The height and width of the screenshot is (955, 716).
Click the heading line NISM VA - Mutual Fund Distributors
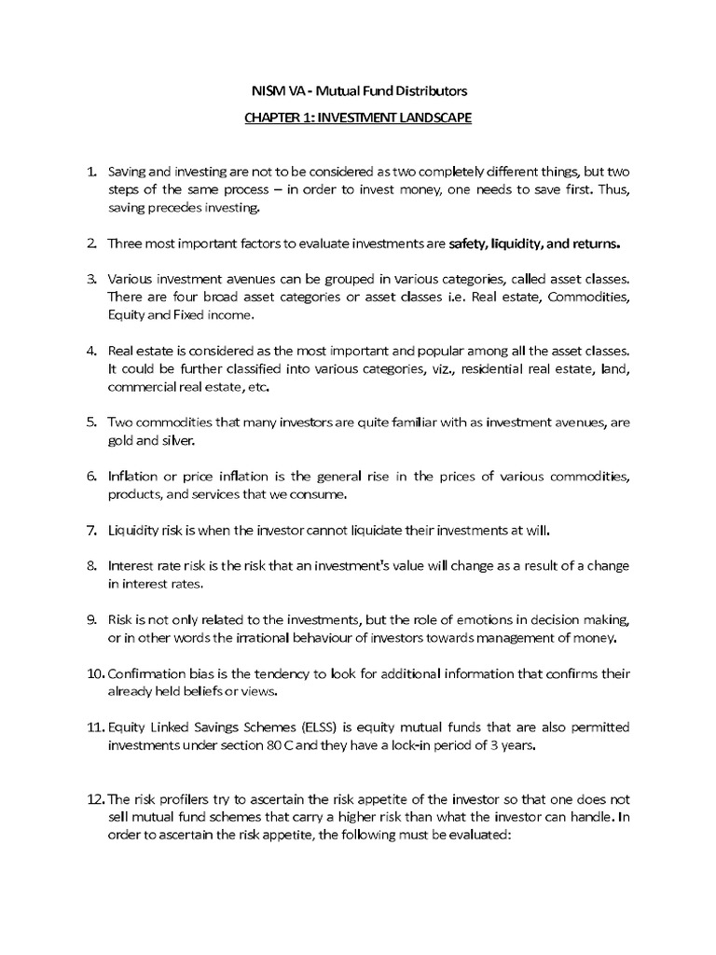(x=359, y=90)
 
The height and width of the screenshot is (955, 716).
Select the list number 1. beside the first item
(x=92, y=173)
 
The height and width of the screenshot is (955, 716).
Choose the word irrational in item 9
(x=302, y=638)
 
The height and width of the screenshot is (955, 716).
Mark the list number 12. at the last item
(x=96, y=799)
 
